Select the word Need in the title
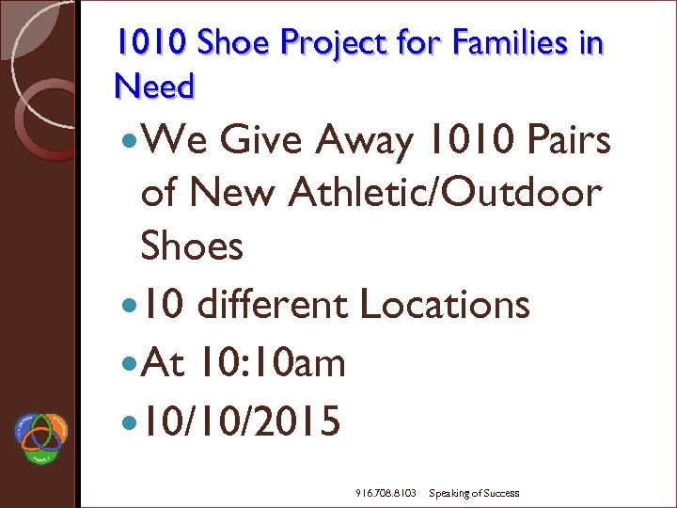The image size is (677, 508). click(153, 87)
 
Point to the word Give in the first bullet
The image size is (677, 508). click(263, 142)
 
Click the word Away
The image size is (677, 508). click(365, 142)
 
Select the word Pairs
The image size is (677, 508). click(567, 142)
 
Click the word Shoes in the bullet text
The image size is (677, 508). click(191, 246)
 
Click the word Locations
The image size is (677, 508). click(445, 305)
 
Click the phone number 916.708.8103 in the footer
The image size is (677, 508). click(386, 493)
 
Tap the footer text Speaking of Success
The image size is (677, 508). click(474, 493)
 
